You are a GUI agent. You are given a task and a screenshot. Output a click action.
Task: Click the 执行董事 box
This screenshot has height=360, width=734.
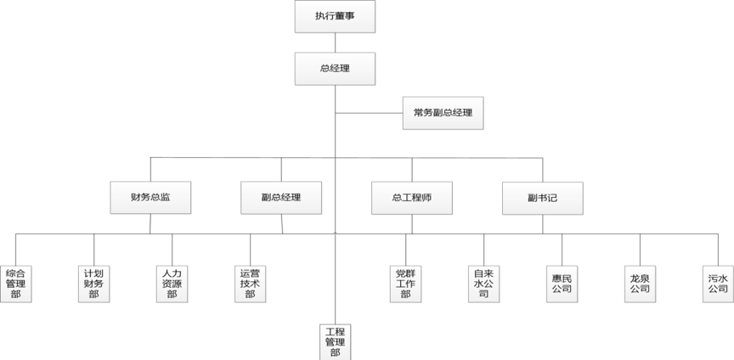pos(335,16)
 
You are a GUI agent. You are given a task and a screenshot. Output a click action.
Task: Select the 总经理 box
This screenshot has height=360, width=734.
pos(335,68)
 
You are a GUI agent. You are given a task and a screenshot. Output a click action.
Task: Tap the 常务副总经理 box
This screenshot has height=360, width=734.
pos(443,112)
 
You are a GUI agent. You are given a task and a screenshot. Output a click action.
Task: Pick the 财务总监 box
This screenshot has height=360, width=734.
pos(150,197)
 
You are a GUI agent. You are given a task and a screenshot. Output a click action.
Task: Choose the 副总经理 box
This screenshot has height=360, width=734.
pos(281,197)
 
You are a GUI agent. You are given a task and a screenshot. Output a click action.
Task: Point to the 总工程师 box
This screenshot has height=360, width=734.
pos(412,197)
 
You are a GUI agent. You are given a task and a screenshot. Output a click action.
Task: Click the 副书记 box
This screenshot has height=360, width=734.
pos(543,197)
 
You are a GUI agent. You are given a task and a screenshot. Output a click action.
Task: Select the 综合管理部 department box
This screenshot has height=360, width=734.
pos(15,284)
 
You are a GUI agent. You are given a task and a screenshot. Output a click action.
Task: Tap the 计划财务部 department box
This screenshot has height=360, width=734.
pos(93,284)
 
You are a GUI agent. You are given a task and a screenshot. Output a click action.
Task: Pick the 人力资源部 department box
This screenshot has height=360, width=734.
pos(172,284)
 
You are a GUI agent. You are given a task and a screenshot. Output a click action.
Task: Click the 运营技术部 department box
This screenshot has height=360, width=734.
pos(250,284)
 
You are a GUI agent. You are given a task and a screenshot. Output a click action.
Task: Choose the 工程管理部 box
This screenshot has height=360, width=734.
pos(335,341)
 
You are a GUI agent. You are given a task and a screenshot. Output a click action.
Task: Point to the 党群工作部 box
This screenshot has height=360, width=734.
pos(405,284)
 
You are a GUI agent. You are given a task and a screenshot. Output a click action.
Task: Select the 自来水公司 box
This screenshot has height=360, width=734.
pos(483,284)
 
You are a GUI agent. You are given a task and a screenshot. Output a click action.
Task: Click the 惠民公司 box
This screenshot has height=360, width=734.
pos(562,284)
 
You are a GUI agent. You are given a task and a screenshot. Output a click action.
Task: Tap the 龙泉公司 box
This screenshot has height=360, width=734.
pos(640,284)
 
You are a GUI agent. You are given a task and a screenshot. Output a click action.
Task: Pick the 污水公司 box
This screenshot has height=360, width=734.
pos(718,284)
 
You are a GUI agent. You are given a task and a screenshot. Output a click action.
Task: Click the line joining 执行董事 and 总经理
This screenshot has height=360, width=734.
pos(335,42)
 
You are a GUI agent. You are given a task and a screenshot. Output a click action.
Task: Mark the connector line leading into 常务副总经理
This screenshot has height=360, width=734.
pos(369,112)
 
